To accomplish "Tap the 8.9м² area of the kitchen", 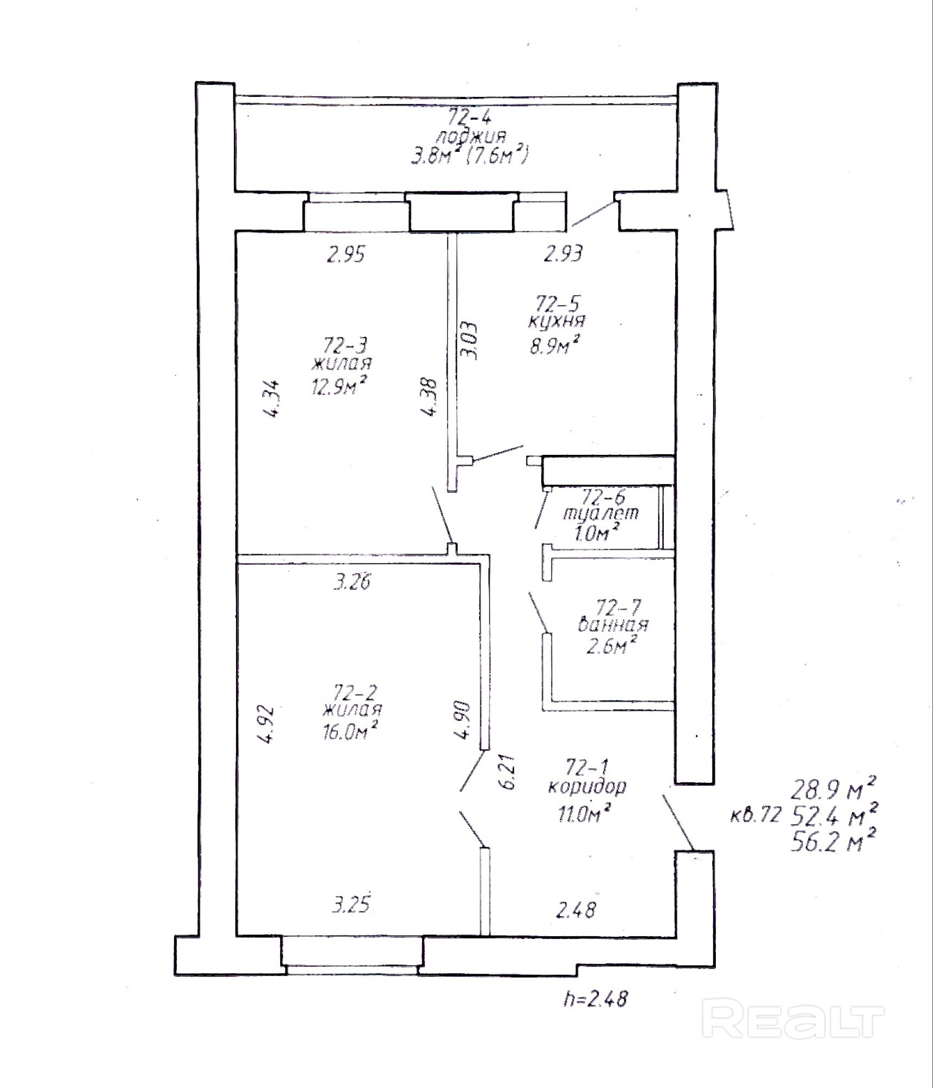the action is click(554, 344).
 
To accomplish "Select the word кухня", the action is click(556, 322).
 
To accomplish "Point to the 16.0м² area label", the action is click(350, 732).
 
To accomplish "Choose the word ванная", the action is click(613, 625).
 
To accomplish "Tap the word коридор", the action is click(587, 787).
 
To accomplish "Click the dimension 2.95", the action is click(345, 254).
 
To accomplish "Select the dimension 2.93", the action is click(564, 254).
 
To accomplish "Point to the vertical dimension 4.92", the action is click(268, 725).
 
